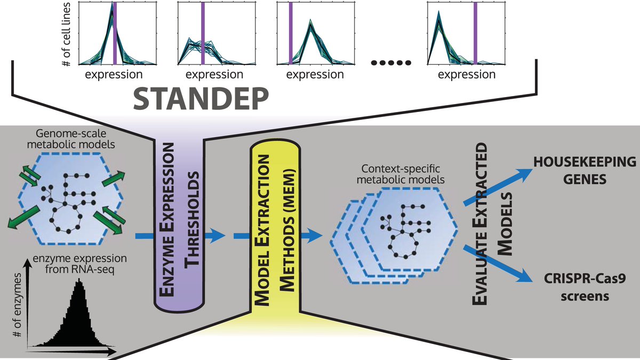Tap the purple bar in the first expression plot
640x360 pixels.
pos(115,32)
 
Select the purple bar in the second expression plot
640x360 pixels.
pos(202,32)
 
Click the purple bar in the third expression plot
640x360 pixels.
pos(291,32)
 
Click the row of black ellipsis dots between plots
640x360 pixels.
pos(391,63)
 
